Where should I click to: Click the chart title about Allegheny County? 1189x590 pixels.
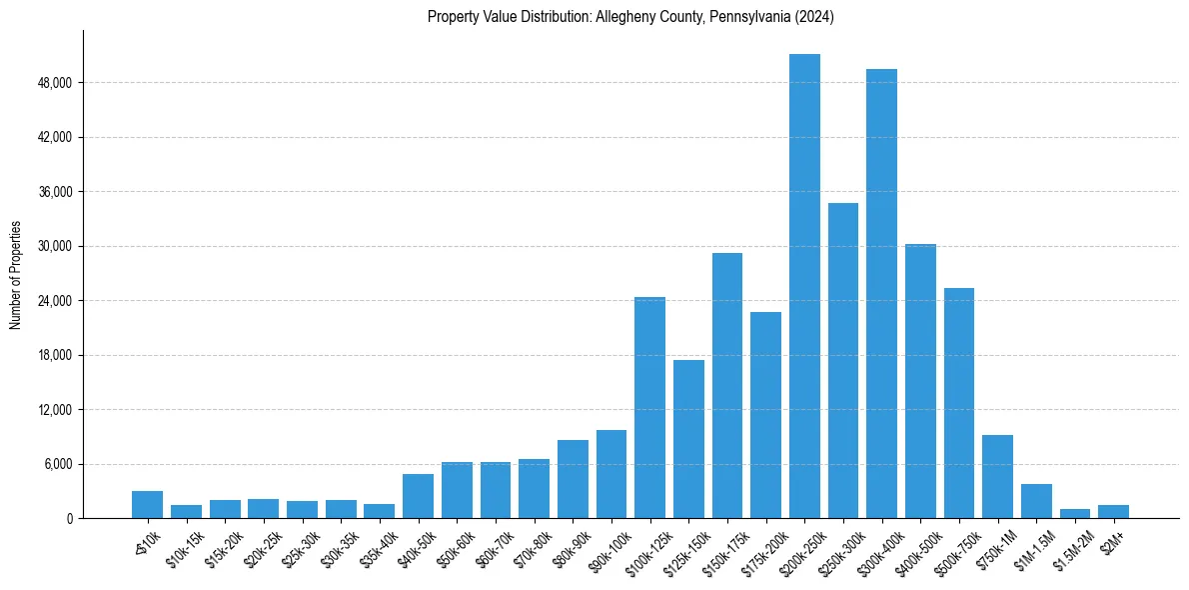click(x=630, y=17)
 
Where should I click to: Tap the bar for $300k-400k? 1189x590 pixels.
click(x=881, y=294)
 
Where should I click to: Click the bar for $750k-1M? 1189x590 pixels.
click(x=997, y=477)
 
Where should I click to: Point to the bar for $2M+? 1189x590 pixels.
click(x=1113, y=512)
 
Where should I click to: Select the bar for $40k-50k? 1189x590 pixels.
click(x=418, y=496)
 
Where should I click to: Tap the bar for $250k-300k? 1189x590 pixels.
click(x=843, y=361)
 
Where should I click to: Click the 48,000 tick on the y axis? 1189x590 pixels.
click(x=54, y=82)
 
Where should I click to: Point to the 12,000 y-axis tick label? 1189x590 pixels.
click(x=54, y=410)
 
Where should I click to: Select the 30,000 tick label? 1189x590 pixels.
click(x=54, y=246)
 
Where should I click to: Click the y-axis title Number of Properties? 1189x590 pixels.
click(x=16, y=274)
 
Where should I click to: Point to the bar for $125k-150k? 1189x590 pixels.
click(x=688, y=439)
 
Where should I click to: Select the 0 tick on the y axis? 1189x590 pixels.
click(x=67, y=519)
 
